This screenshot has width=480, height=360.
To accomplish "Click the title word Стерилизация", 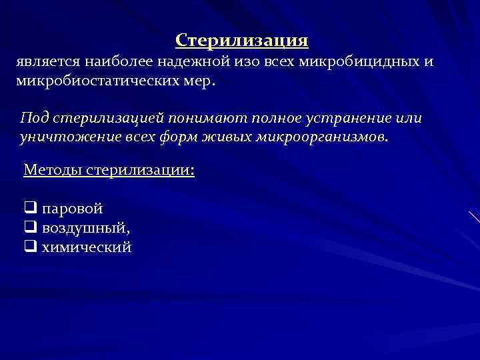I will coord(241,41).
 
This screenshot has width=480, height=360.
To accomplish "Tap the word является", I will coord(48,62).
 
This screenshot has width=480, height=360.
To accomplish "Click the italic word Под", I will coord(33,118).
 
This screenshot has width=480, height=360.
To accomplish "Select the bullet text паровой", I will coord(73,209).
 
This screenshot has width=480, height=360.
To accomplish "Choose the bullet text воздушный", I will coord(85,228).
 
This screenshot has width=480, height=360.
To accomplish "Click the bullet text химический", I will coord(87,247).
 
